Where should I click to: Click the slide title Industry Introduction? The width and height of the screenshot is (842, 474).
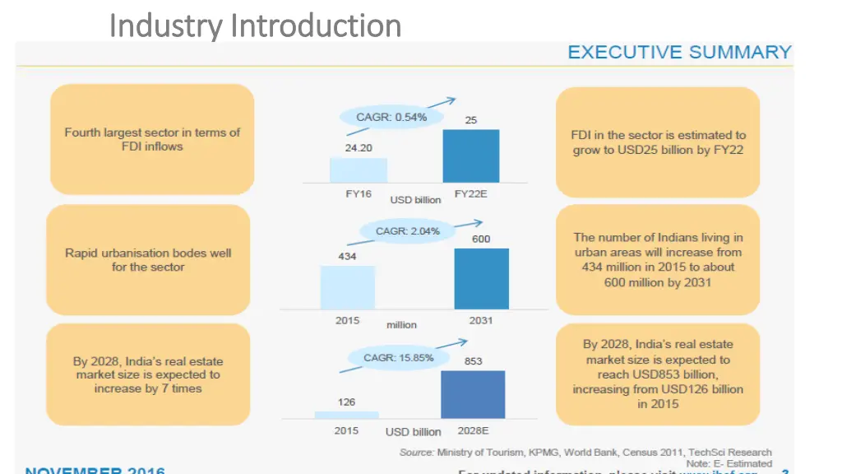[255, 26]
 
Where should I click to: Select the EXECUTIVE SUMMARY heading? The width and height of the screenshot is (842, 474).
[679, 52]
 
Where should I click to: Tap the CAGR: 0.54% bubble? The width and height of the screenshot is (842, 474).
[391, 117]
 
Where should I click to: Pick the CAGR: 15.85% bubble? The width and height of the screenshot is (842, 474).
[398, 357]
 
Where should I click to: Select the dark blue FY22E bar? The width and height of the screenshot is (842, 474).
[471, 156]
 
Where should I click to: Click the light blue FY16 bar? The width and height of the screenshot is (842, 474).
[358, 170]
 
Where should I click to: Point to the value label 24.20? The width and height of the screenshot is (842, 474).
[358, 148]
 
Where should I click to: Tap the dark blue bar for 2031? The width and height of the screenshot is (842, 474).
[481, 278]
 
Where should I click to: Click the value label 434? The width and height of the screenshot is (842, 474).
[347, 256]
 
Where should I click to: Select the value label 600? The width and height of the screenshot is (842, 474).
[481, 239]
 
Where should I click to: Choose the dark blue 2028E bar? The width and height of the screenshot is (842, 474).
[473, 394]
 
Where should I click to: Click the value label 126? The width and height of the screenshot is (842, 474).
[346, 402]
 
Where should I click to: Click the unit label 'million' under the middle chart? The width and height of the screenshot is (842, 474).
[401, 324]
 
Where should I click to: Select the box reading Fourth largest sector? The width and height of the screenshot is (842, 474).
[152, 139]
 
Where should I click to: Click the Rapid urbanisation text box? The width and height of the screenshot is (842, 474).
[148, 260]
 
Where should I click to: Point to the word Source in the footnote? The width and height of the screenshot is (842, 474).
[416, 452]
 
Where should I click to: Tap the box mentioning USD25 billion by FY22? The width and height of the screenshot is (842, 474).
[658, 142]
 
